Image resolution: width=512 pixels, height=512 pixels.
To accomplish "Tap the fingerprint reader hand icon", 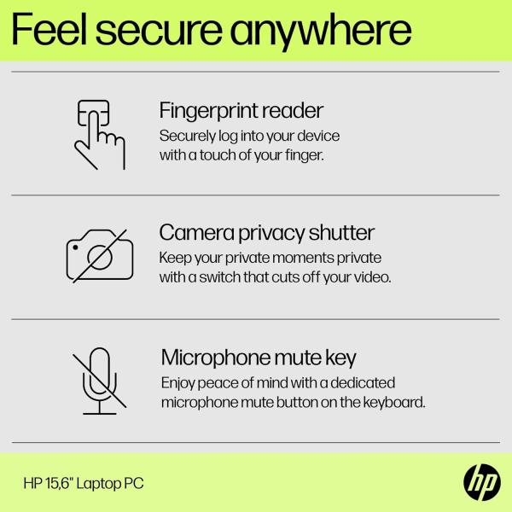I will click(x=99, y=134).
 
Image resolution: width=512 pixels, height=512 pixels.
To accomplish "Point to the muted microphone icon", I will click(x=99, y=381).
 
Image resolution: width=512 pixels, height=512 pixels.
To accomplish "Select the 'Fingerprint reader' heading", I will click(x=241, y=111).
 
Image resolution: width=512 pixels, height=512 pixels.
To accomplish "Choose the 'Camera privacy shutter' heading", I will click(x=267, y=233).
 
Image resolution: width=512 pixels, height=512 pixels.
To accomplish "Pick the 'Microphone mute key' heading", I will click(x=259, y=357).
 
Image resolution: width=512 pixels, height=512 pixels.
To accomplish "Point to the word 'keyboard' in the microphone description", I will click(x=394, y=402).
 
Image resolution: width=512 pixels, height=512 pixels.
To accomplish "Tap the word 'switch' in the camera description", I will click(x=221, y=277).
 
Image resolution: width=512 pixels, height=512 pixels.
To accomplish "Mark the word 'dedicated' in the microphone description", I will click(x=364, y=382).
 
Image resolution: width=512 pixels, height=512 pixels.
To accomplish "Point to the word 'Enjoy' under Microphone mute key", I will click(x=178, y=382).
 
